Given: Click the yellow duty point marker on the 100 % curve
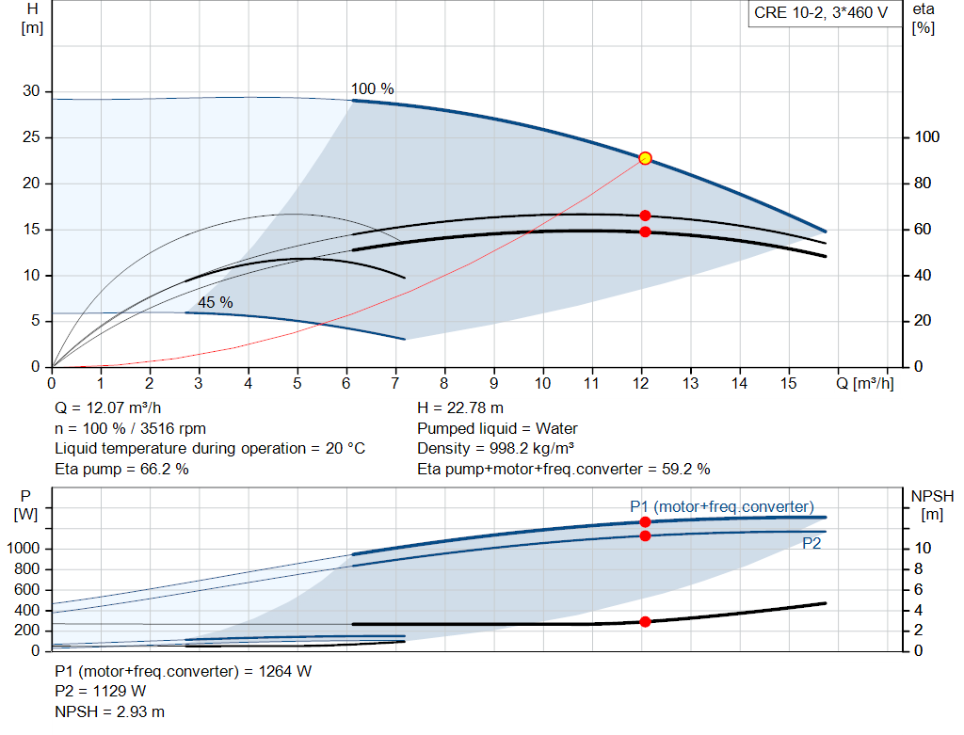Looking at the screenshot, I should (x=645, y=158).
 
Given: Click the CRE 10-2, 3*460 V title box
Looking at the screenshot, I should (x=821, y=14).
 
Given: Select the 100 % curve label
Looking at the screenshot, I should (x=373, y=89).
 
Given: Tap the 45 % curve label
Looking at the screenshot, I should (x=215, y=302).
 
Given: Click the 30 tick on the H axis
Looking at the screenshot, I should (x=32, y=91).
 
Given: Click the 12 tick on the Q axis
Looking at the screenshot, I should (x=641, y=384).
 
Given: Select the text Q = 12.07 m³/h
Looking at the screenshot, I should (x=107, y=408).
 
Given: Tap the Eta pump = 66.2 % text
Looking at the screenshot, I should (x=121, y=469).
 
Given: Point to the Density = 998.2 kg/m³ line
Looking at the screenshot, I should (x=495, y=448).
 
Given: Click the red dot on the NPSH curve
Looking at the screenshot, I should (x=645, y=621).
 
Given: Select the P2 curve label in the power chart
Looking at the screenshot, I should (x=811, y=543).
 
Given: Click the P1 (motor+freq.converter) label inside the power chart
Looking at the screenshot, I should (x=721, y=506).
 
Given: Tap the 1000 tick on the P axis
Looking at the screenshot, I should (x=27, y=549).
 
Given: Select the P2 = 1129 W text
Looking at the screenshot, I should (x=101, y=692).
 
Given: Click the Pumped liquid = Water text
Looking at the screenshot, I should (x=497, y=428).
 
